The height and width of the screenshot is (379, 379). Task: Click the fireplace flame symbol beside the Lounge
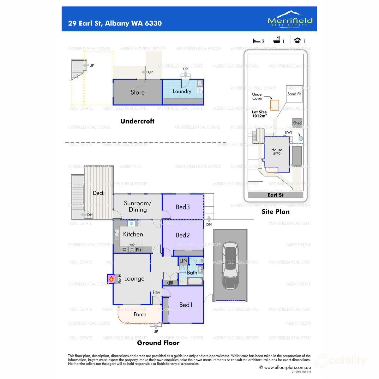[x=111, y=279]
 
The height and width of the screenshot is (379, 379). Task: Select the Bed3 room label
[x=183, y=207]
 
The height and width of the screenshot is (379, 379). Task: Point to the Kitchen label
[x=133, y=234]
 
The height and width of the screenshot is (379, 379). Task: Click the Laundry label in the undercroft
[x=182, y=91]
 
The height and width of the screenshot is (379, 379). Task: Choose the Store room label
[x=138, y=93]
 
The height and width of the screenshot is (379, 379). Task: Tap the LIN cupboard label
[x=183, y=261]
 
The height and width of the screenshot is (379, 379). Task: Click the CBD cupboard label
[x=170, y=283]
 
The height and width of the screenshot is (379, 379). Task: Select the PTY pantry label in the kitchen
[x=139, y=250]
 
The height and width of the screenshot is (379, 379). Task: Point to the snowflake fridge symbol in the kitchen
[x=131, y=224]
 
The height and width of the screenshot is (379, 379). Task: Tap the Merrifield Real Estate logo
[x=290, y=19]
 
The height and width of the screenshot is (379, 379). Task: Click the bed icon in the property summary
[x=256, y=41]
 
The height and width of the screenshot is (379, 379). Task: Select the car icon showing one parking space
[x=297, y=40]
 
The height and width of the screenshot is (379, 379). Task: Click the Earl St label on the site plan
[x=275, y=195]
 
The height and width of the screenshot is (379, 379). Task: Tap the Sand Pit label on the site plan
[x=294, y=94]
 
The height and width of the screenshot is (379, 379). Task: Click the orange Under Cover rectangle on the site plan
[x=275, y=105]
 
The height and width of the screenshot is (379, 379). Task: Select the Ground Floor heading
[x=158, y=343]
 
